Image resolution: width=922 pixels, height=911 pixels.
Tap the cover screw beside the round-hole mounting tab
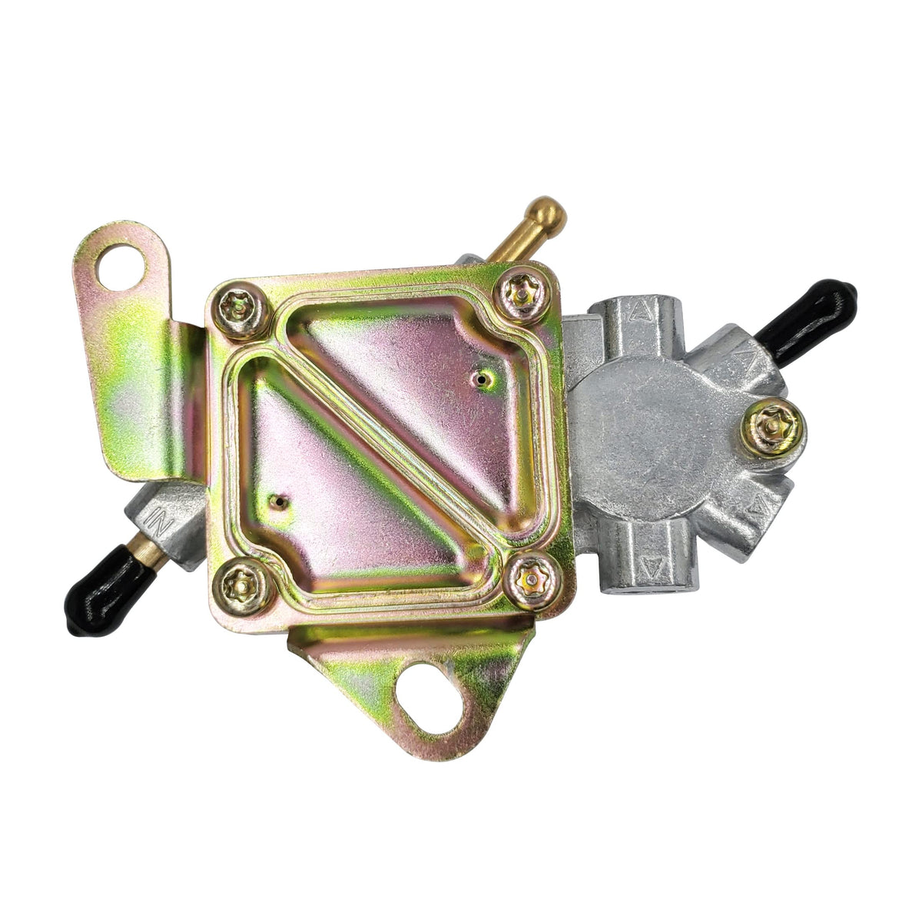239,309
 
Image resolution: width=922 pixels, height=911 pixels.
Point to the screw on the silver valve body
771,426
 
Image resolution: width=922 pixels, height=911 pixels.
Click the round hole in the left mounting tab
121,267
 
